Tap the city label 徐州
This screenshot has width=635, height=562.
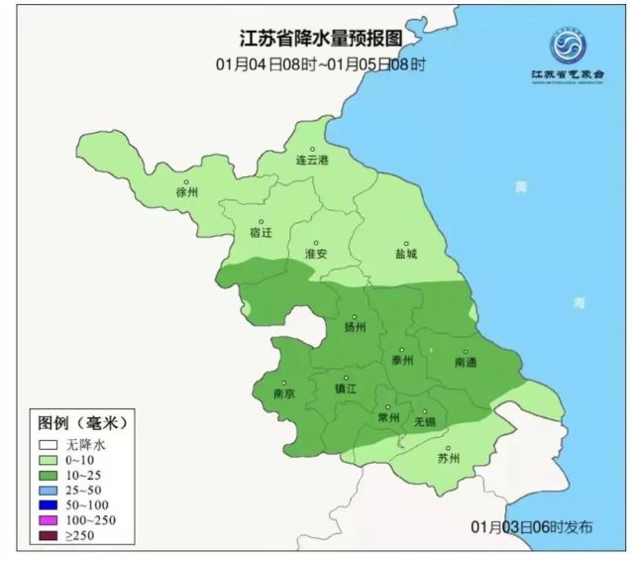(187, 191)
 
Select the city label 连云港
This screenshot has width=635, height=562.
(312, 159)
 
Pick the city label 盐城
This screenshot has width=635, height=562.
(405, 253)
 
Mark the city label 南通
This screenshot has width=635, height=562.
(466, 362)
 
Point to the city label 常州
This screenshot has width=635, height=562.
(388, 419)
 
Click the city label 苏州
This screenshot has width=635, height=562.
(449, 458)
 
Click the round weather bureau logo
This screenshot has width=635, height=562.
(569, 46)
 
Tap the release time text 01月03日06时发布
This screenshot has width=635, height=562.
(533, 526)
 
